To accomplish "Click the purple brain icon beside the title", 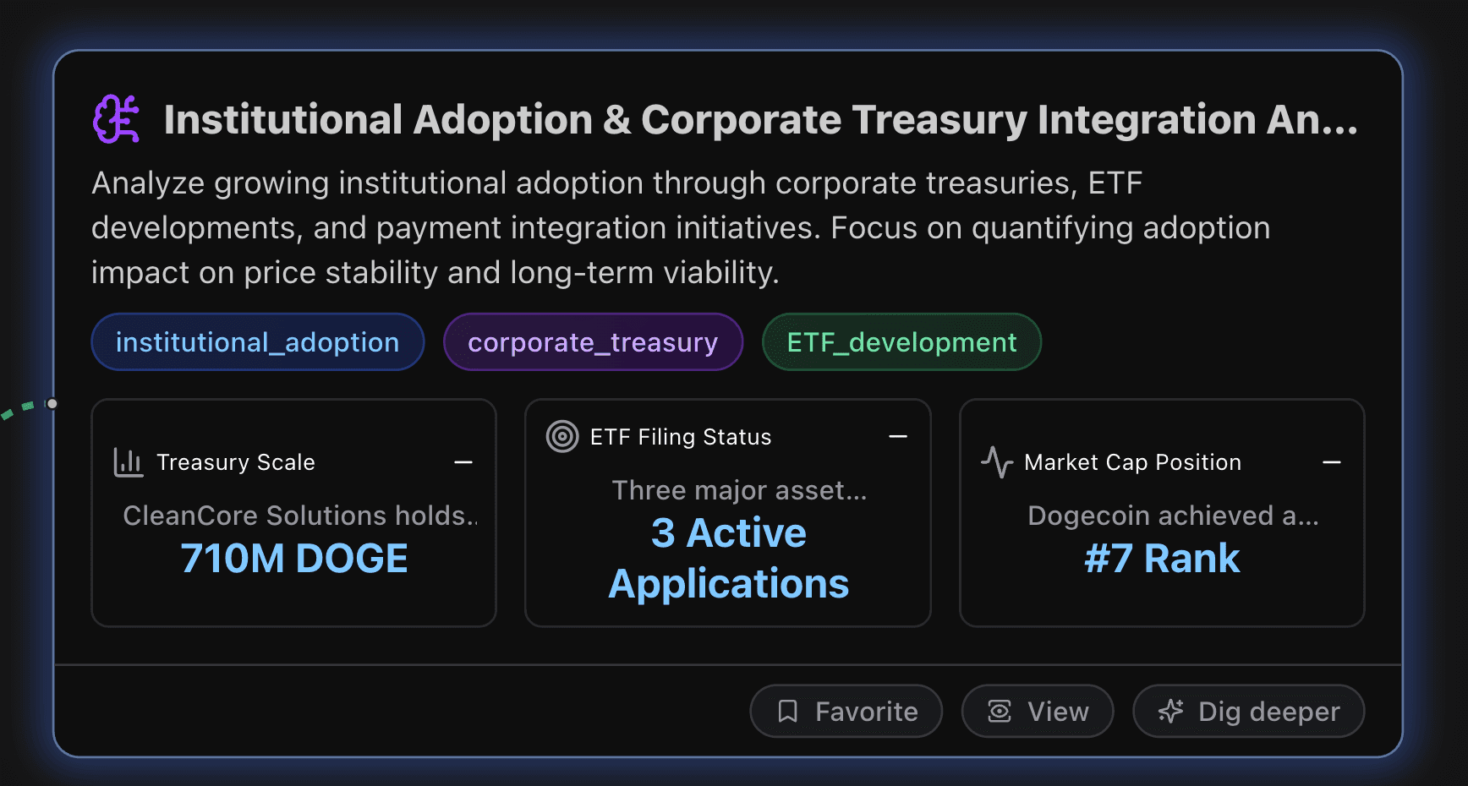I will pos(116,119).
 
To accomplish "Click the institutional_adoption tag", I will pos(257,342).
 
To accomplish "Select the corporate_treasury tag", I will pos(593,342).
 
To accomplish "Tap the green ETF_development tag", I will pos(901,342).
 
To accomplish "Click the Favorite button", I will pos(846,712).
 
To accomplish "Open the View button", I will pos(1038,712).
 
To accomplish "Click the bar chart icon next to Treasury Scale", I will pos(128,462).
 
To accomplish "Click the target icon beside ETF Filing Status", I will pos(562,437).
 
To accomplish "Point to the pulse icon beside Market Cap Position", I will pos(997,462).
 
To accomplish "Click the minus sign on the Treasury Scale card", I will pos(463,462).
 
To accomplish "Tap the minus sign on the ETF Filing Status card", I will pos(898,437).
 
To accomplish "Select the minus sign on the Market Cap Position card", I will pos(1332,462).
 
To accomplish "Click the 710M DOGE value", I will pos(294,559).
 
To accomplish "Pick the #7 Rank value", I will pos(1162,559).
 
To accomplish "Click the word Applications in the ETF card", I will pos(728,584).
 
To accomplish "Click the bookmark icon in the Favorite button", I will pos(787,712).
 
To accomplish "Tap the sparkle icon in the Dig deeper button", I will pos(1170,712).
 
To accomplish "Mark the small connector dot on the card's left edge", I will pos(52,404).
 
